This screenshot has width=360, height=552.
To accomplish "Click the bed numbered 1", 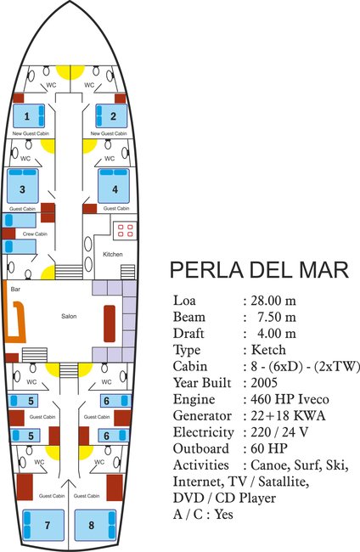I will [x=28, y=115].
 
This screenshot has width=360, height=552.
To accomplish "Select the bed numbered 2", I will [x=110, y=115].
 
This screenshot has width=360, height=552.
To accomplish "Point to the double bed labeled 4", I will [x=114, y=188].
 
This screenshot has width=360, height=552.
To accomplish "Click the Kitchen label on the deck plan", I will [x=113, y=254].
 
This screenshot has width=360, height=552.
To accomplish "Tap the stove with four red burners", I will [x=127, y=230].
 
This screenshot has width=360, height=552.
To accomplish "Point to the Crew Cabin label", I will [x=34, y=234].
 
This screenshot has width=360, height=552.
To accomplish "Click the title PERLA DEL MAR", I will [x=259, y=270].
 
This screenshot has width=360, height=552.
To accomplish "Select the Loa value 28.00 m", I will [x=272, y=301].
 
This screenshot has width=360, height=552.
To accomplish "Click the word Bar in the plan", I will [x=15, y=290].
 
